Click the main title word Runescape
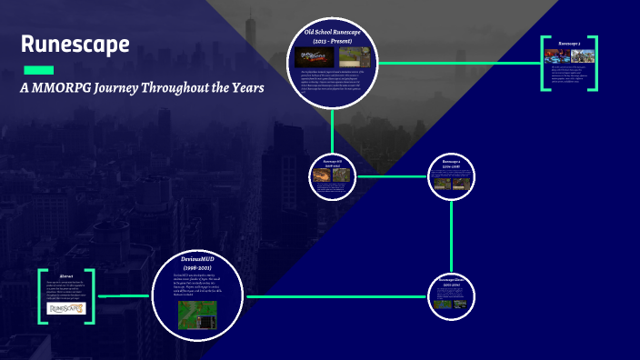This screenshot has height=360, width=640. [x=75, y=45]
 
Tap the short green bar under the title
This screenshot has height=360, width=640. [x=37, y=70]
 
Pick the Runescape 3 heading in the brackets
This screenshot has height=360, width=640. [x=570, y=43]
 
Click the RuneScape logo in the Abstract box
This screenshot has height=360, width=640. [x=66, y=308]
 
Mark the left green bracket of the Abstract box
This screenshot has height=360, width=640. [x=42, y=296]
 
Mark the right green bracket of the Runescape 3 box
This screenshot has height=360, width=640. [x=595, y=64]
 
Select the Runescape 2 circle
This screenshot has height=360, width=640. [x=452, y=175]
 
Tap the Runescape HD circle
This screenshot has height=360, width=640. [x=332, y=175]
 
